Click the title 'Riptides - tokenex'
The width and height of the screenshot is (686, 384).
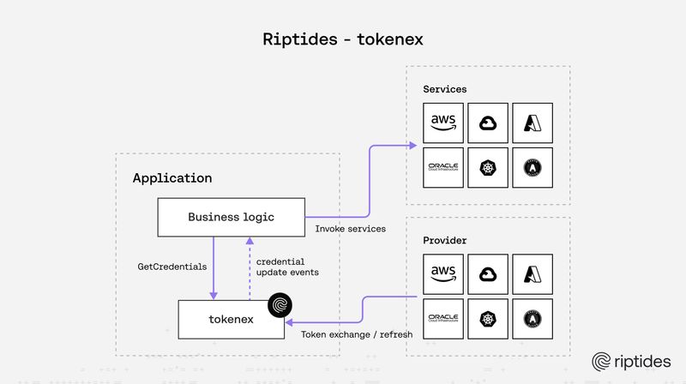(x=343, y=39)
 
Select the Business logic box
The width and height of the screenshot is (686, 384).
(x=231, y=217)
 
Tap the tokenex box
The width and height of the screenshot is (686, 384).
(x=232, y=319)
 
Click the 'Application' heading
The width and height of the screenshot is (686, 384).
(x=171, y=178)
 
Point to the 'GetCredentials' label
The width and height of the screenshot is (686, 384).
(x=172, y=267)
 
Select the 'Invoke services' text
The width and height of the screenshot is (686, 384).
(x=350, y=229)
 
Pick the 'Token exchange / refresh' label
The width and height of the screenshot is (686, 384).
(x=357, y=333)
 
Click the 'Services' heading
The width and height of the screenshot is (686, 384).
(x=445, y=89)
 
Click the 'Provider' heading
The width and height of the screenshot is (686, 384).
(x=445, y=241)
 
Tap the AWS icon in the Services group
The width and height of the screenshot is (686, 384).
(x=443, y=123)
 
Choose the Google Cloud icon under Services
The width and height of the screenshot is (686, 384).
(x=488, y=123)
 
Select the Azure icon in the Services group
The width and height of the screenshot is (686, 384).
(x=533, y=123)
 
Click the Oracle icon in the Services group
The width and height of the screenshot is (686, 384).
(x=443, y=167)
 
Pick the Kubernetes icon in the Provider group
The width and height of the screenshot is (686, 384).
(x=488, y=319)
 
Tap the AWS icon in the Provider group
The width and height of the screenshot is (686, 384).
(x=443, y=274)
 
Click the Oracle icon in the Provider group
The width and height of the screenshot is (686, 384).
(x=443, y=319)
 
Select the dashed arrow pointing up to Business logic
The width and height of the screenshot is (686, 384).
(x=249, y=267)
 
